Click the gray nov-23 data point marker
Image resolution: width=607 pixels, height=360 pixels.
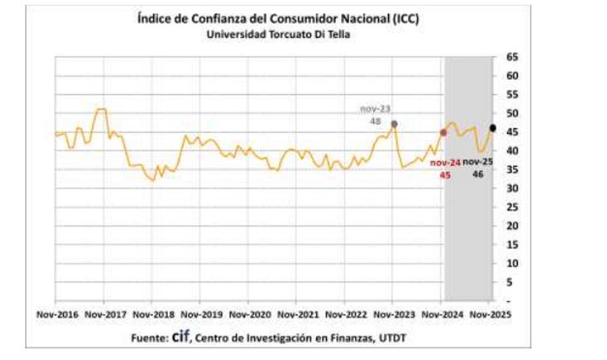[393, 124]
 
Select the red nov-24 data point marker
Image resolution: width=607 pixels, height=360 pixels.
[443, 132]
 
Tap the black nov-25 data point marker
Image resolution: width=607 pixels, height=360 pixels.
[493, 128]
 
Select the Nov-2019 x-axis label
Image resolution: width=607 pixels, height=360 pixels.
[202, 315]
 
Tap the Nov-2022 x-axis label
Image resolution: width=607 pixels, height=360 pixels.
[346, 315]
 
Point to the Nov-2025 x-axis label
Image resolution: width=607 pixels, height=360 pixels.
[489, 315]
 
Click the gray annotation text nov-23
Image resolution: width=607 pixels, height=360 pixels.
[375, 108]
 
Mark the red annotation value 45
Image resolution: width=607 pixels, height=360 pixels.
[445, 175]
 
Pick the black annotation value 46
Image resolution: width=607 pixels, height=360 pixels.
[478, 175]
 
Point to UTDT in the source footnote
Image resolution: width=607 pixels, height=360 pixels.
[392, 338]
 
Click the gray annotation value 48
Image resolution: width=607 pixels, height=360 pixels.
[375, 121]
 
